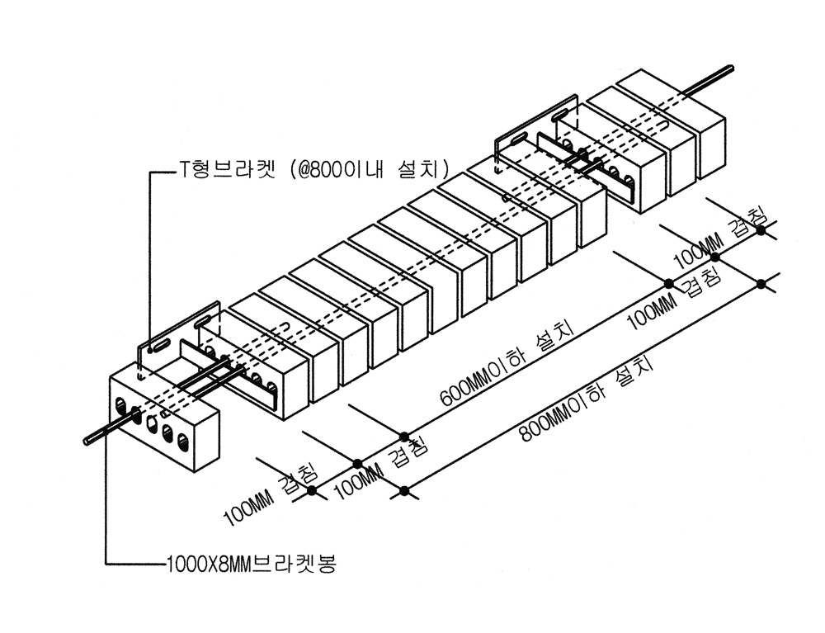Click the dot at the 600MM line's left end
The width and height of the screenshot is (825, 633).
tap(403, 436)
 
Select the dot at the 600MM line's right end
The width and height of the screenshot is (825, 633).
tap(670, 283)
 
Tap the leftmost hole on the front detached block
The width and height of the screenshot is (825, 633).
tap(122, 406)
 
